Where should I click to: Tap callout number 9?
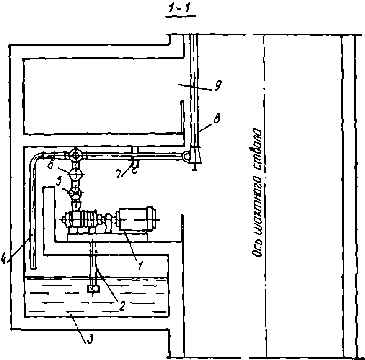click(x=218, y=85)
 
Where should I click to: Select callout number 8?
click(x=217, y=119)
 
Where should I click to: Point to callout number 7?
click(x=120, y=173)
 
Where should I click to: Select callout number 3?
click(x=90, y=338)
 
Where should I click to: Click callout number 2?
click(x=122, y=306)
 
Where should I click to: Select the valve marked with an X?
click(x=75, y=193)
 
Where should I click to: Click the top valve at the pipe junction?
click(x=75, y=155)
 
